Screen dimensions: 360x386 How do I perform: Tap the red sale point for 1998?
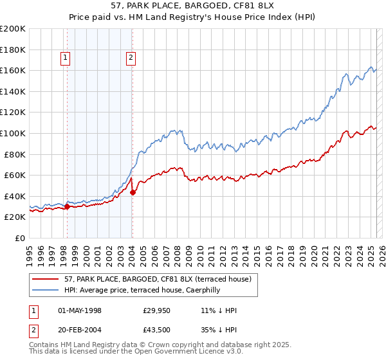[67, 206]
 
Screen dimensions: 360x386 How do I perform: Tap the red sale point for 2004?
[132, 192]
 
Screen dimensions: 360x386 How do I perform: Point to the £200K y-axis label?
[13, 29]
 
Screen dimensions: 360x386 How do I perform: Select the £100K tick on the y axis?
[13, 133]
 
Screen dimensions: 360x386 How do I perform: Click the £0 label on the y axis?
[21, 238]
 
